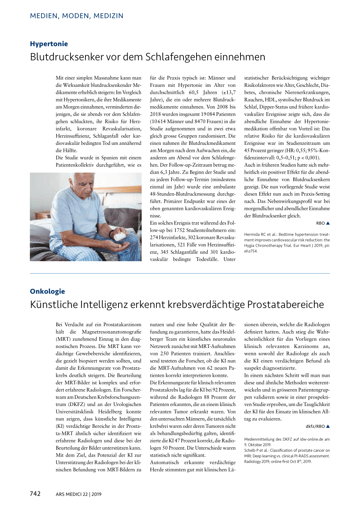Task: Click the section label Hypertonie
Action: (49, 44)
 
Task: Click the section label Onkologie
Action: (47, 291)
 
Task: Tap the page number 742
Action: (35, 494)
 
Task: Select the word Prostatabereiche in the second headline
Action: (285, 304)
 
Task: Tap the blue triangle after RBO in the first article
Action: (328, 223)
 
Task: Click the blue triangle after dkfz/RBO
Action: (328, 426)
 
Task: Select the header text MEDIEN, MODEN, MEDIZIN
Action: (77, 16)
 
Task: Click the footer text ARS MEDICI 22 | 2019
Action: (78, 494)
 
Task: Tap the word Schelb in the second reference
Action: (250, 450)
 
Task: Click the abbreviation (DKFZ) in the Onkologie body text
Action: (77, 404)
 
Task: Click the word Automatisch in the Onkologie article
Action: (165, 463)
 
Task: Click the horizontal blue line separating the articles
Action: (180, 273)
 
